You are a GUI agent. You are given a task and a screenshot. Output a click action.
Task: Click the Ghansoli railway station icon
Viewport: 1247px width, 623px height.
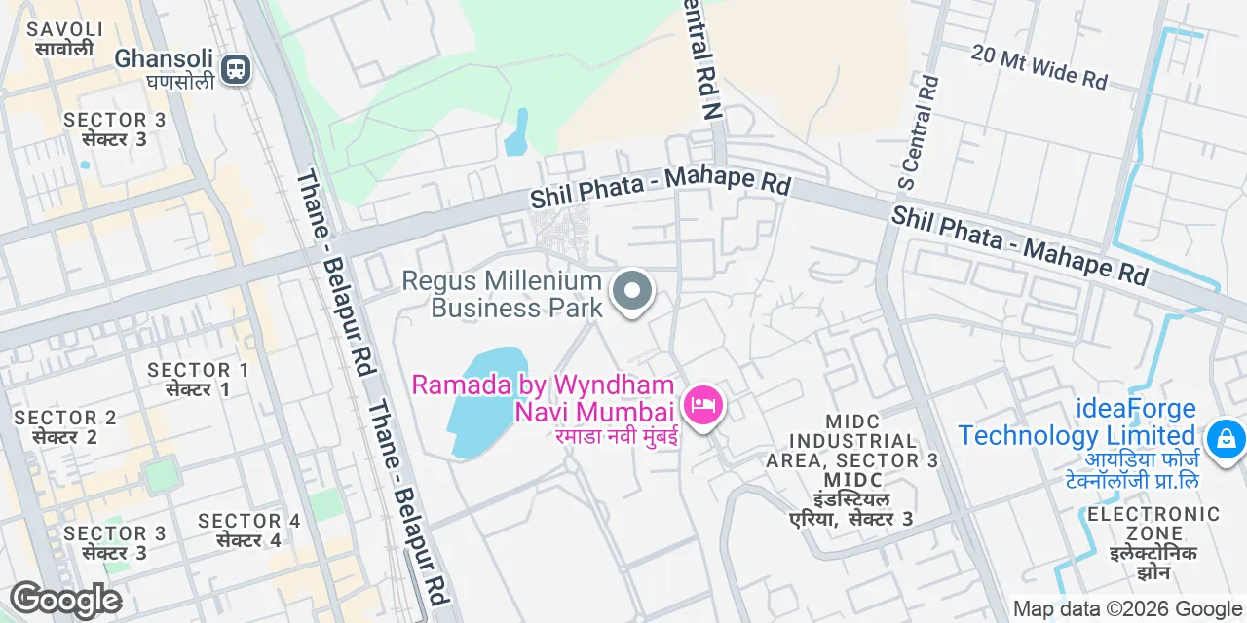click(x=235, y=69)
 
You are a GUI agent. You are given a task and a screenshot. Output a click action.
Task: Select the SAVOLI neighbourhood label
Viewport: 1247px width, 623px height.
click(x=65, y=30)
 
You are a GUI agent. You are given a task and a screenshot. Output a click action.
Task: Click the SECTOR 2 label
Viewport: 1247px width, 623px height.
click(x=64, y=418)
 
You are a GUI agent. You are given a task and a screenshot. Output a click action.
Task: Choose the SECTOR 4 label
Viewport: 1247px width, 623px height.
click(x=248, y=521)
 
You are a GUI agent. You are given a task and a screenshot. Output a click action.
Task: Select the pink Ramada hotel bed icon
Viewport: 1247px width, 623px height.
click(x=702, y=403)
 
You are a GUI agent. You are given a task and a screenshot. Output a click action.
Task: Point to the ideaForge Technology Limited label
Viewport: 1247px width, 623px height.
click(x=1077, y=421)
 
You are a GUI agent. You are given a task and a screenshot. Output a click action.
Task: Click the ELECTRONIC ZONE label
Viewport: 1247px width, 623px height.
click(x=1153, y=523)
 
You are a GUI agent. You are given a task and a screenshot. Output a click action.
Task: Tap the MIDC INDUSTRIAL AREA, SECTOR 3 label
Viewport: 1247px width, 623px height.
click(x=851, y=440)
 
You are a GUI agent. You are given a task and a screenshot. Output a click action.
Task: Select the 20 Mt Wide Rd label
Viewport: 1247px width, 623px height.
click(x=1039, y=67)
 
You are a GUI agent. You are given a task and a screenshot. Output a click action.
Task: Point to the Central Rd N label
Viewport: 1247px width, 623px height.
click(x=704, y=59)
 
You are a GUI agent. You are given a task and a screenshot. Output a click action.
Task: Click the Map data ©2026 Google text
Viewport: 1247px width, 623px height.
click(x=1128, y=609)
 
